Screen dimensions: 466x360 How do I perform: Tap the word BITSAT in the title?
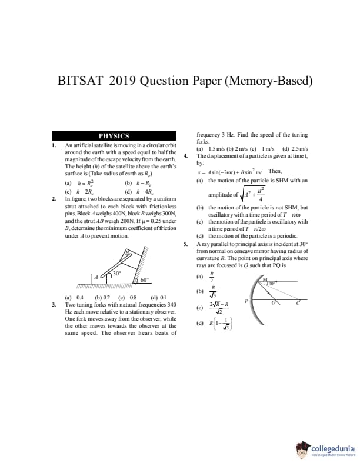(x=81, y=81)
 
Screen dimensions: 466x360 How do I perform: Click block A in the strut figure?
(x=95, y=276)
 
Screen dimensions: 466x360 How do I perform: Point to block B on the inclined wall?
(x=126, y=254)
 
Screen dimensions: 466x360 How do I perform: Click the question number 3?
(x=54, y=304)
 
